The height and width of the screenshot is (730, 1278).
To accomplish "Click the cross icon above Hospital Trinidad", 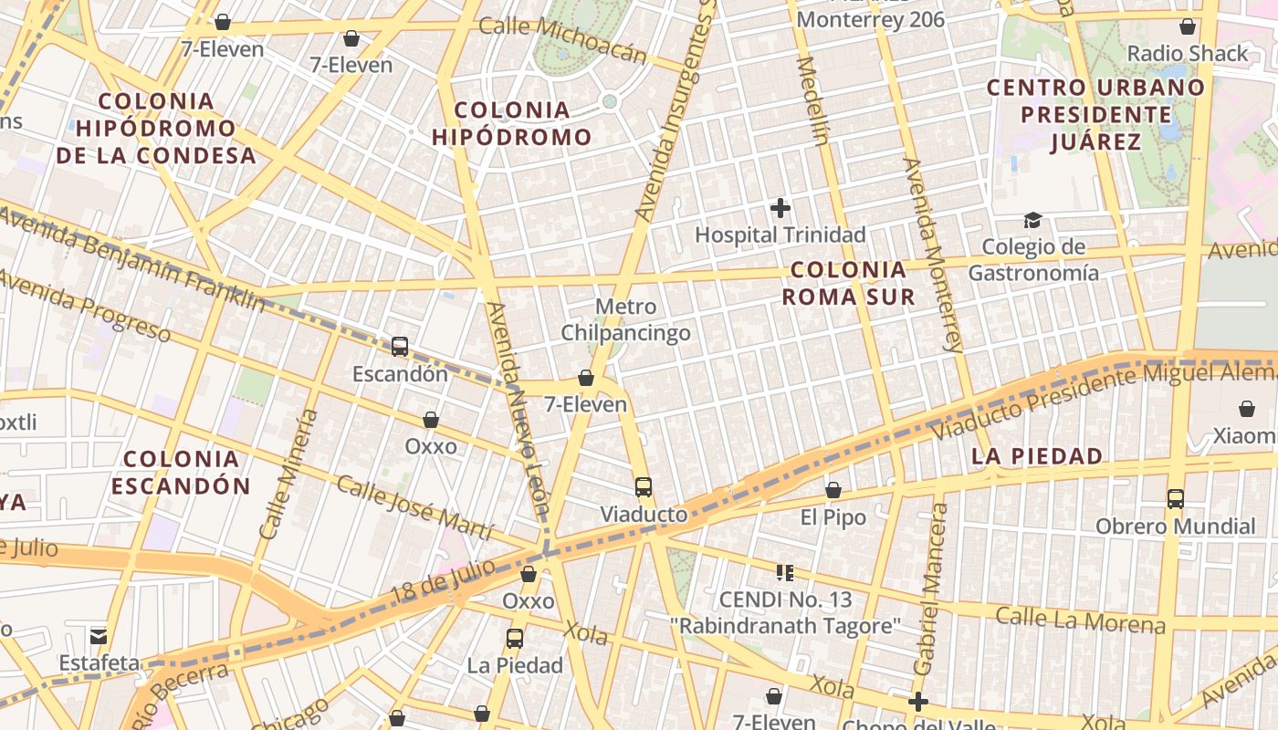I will (x=780, y=208).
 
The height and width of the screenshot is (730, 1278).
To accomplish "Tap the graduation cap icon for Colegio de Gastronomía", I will (x=1032, y=220).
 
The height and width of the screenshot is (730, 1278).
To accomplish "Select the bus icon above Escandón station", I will (x=400, y=347).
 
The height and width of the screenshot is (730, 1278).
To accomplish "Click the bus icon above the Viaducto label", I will (x=644, y=487).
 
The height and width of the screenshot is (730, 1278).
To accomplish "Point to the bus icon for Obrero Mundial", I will (x=1176, y=499).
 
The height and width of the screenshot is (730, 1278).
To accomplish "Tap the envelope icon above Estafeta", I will (x=99, y=636).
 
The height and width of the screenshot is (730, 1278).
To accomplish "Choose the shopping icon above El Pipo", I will (x=833, y=491).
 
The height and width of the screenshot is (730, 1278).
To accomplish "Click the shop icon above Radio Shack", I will (x=1188, y=26).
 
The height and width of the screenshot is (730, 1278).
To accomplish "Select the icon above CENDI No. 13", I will (x=785, y=573).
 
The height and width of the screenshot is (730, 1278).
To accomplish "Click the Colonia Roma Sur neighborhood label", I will (x=849, y=283).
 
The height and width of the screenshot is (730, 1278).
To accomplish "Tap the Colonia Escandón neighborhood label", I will (x=181, y=472).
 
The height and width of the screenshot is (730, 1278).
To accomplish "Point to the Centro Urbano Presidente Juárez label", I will (x=1096, y=115).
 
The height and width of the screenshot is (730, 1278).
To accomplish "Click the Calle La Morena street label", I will (x=1080, y=620).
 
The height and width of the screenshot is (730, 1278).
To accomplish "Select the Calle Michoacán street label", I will (x=562, y=41).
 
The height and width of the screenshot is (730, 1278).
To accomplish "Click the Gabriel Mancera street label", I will (x=932, y=589).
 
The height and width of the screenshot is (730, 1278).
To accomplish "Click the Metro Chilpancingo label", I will (x=625, y=319).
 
